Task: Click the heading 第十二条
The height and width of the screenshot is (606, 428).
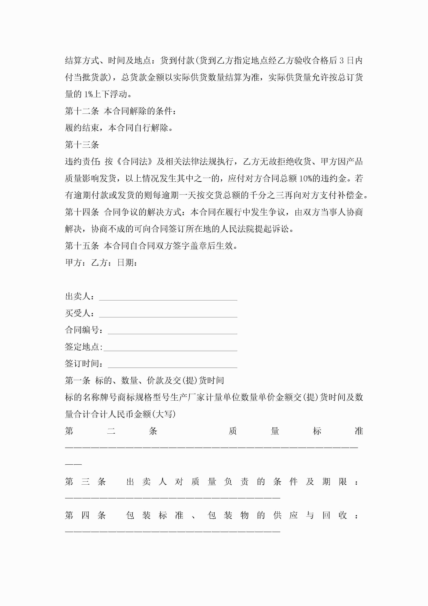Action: (82, 111)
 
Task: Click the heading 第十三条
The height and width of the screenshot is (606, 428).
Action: (82, 145)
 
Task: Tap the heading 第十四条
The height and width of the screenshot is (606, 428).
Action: (82, 212)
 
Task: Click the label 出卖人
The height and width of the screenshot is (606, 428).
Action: (78, 296)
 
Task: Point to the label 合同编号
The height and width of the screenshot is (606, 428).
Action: (82, 330)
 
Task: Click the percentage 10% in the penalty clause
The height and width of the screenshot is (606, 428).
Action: (305, 179)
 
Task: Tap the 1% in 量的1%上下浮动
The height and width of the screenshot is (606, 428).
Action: (88, 94)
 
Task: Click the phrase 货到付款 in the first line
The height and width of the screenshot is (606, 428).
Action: (177, 61)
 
